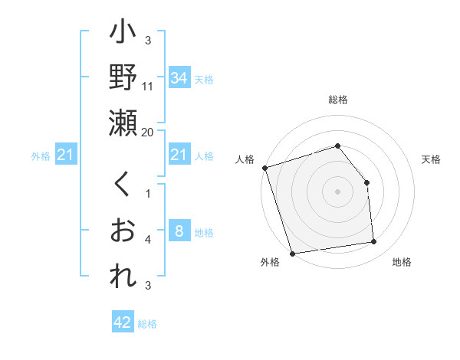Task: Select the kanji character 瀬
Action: pos(123,123)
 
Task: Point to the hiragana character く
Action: pos(123,185)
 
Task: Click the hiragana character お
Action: pos(123,231)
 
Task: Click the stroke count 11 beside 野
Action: pos(148,87)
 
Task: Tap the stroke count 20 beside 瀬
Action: pos(148,133)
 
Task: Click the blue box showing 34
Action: pos(179,78)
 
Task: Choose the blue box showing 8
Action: pos(179,231)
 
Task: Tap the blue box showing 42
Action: pos(123,322)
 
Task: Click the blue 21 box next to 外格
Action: pos(65,155)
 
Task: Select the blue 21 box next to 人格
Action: pos(179,155)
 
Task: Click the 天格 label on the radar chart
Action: pos(432,159)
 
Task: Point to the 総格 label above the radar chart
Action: pos(338,100)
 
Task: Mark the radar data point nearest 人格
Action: pos(264,168)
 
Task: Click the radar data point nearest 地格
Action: pos(374,242)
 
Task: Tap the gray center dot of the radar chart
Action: pos(338,191)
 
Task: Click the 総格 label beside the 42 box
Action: pos(147,323)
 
